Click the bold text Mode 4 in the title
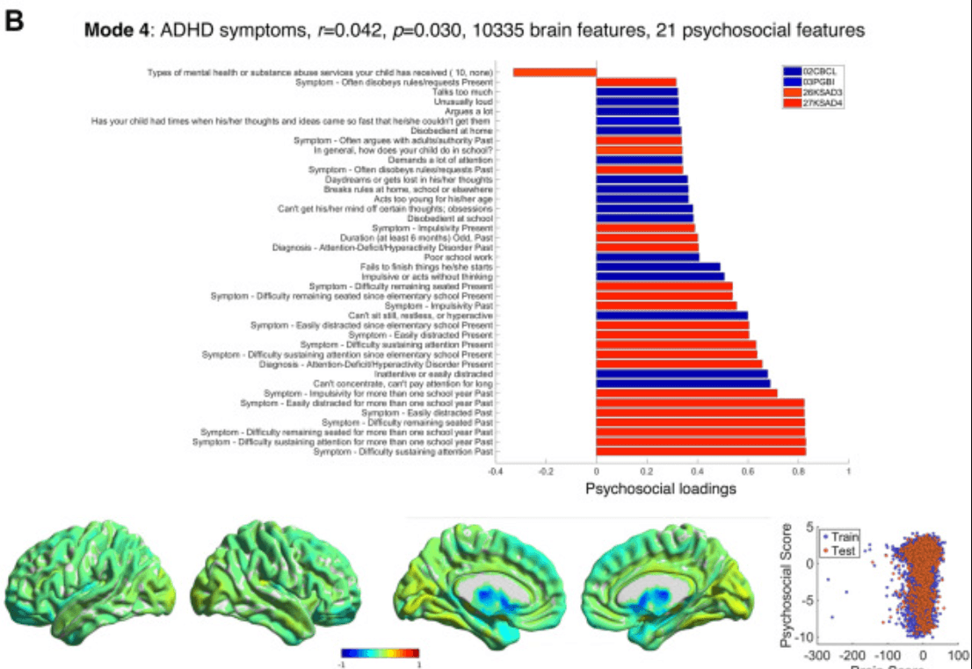pyautogui.click(x=115, y=31)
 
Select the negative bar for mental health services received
pyautogui.click(x=555, y=72)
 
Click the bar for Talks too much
pyautogui.click(x=637, y=91)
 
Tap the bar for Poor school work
pyautogui.click(x=648, y=257)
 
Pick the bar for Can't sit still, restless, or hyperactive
pyautogui.click(x=672, y=315)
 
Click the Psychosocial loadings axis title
pyautogui.click(x=661, y=489)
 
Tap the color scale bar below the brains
pyautogui.click(x=380, y=652)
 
